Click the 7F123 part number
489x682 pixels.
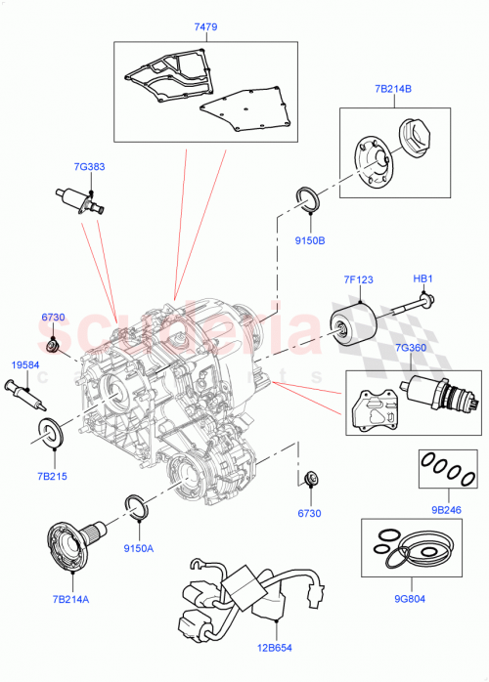point(357,279)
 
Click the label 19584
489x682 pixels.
point(25,364)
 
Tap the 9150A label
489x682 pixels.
point(139,548)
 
